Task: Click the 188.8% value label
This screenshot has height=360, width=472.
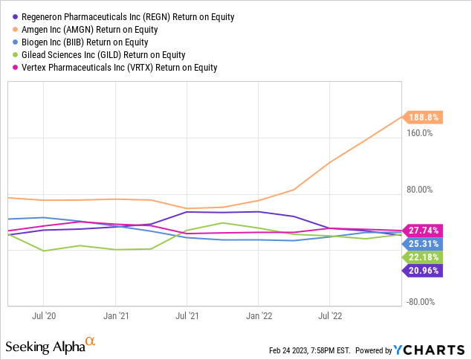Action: click(424, 117)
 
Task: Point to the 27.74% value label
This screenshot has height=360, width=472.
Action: click(423, 231)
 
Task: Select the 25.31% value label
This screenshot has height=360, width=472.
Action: click(423, 243)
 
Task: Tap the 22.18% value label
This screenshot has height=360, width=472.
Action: click(423, 257)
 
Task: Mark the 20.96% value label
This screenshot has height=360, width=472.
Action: click(423, 271)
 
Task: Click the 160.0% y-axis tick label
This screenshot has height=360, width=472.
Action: click(420, 133)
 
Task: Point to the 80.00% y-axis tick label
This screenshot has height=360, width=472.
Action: click(420, 190)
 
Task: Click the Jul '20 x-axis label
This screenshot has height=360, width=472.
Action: click(45, 315)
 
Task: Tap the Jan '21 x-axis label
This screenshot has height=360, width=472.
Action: click(116, 315)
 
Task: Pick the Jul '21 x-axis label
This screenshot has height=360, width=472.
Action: click(187, 315)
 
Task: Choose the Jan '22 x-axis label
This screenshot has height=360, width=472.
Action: click(258, 315)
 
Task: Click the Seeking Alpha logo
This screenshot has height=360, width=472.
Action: click(51, 346)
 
